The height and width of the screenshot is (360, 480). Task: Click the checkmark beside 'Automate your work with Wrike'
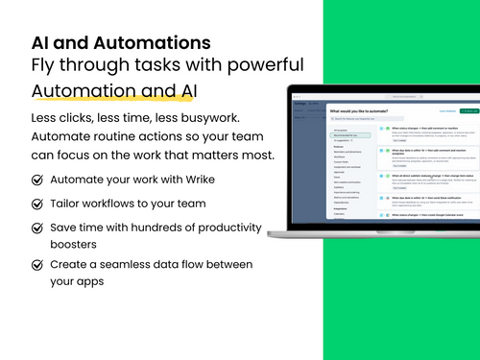tap(37, 180)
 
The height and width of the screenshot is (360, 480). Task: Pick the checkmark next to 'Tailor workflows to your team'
tap(37, 204)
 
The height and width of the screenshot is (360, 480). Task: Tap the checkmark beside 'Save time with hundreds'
tap(37, 229)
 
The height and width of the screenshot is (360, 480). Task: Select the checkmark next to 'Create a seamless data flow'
tap(37, 265)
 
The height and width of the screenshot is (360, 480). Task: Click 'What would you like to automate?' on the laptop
tap(360, 110)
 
